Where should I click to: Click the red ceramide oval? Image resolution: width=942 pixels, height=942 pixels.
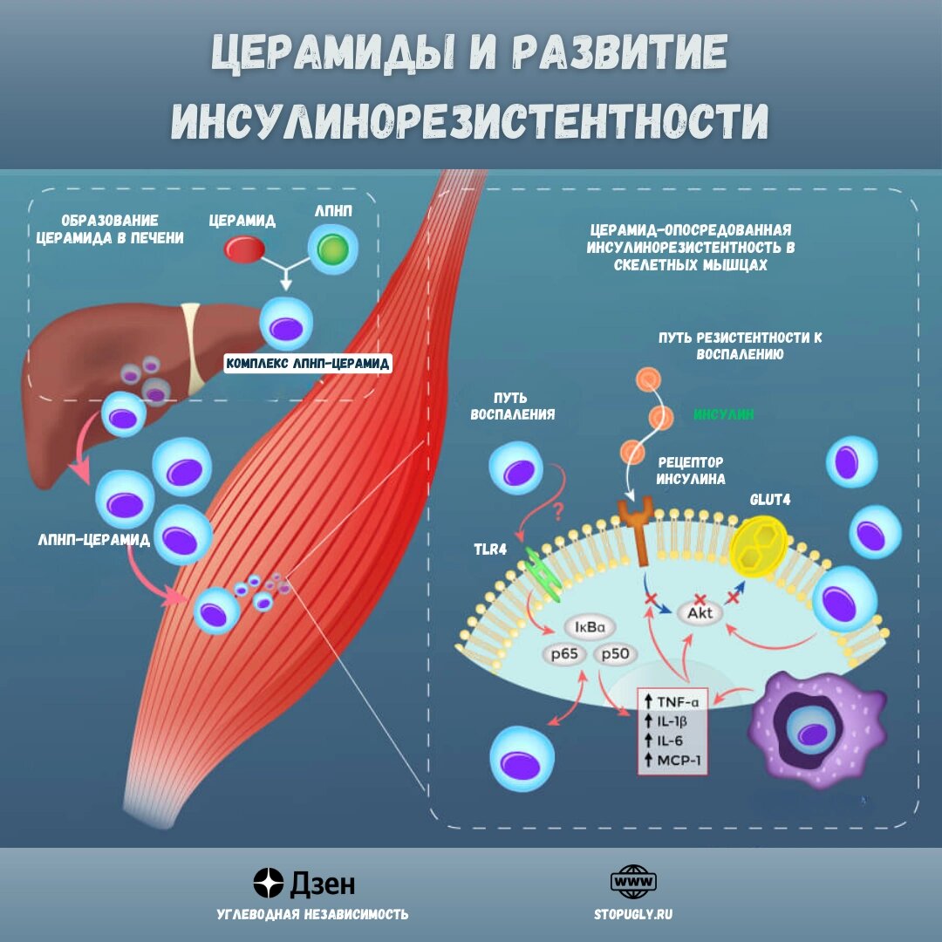(x=245, y=249)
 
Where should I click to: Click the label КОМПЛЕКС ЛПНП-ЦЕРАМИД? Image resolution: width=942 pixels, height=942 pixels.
(x=308, y=364)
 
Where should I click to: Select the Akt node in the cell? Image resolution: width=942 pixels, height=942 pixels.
(x=700, y=613)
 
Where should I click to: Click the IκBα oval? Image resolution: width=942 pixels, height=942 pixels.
(x=590, y=627)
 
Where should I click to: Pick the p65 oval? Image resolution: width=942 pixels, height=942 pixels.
(x=564, y=655)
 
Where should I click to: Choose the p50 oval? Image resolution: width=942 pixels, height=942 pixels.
(x=617, y=655)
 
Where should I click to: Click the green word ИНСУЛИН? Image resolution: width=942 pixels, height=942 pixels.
(x=724, y=414)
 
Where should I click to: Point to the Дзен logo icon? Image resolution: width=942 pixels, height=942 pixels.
(x=269, y=883)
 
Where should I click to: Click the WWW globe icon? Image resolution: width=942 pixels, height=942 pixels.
(x=633, y=882)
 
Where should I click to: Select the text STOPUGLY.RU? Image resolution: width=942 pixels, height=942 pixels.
(x=633, y=914)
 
